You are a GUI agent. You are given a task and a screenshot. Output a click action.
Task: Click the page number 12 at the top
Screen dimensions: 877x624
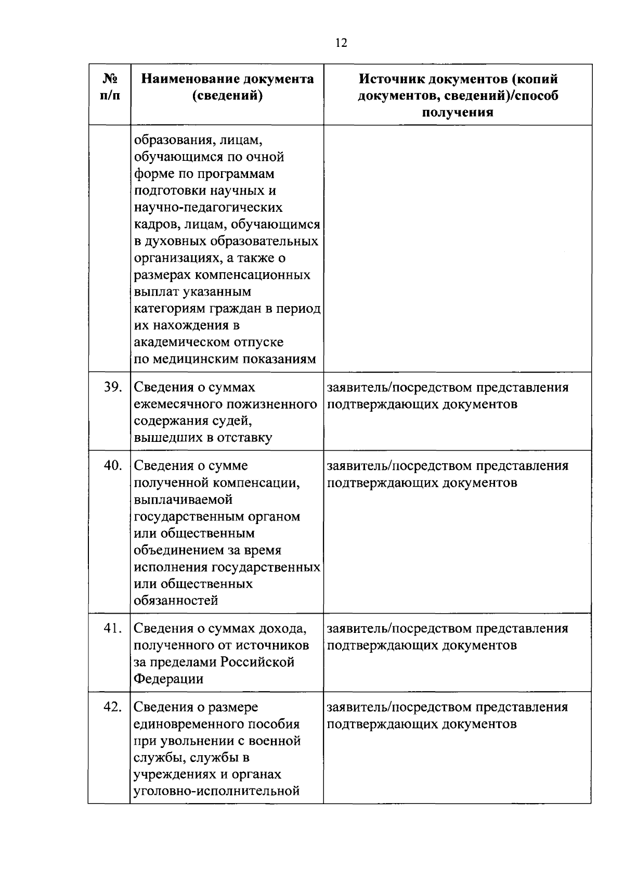tap(341, 43)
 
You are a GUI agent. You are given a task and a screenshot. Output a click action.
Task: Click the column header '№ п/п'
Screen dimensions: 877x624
tap(109, 87)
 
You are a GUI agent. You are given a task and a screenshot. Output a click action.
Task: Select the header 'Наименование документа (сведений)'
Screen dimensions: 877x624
tap(227, 87)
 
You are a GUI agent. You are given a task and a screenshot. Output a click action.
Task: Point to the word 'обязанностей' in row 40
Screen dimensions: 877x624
tap(176, 601)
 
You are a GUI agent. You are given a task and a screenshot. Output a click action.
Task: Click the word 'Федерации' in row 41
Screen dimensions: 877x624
tap(168, 679)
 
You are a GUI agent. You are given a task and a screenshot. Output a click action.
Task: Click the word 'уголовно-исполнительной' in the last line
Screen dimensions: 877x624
tap(217, 791)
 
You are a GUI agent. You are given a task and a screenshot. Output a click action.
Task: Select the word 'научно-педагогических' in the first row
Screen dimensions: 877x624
tap(208, 208)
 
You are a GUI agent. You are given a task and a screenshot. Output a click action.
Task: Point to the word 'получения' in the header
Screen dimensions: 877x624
tap(458, 112)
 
